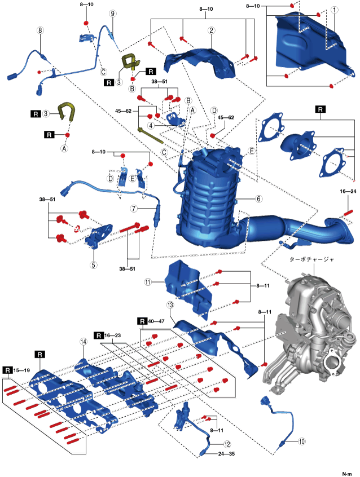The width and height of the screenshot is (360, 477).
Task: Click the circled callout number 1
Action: point(335,10)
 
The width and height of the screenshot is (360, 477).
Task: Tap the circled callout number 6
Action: point(258,198)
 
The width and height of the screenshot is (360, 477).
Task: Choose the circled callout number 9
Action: point(112,13)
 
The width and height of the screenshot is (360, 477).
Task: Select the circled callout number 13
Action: point(170,304)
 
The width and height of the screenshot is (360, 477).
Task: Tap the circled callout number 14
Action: point(83,342)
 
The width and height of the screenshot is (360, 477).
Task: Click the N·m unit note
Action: point(348,472)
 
